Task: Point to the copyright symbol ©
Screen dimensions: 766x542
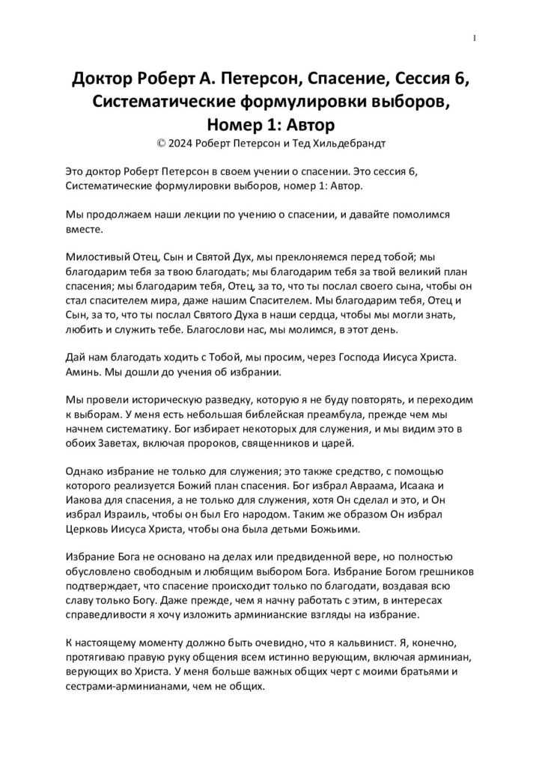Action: coord(154,141)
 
